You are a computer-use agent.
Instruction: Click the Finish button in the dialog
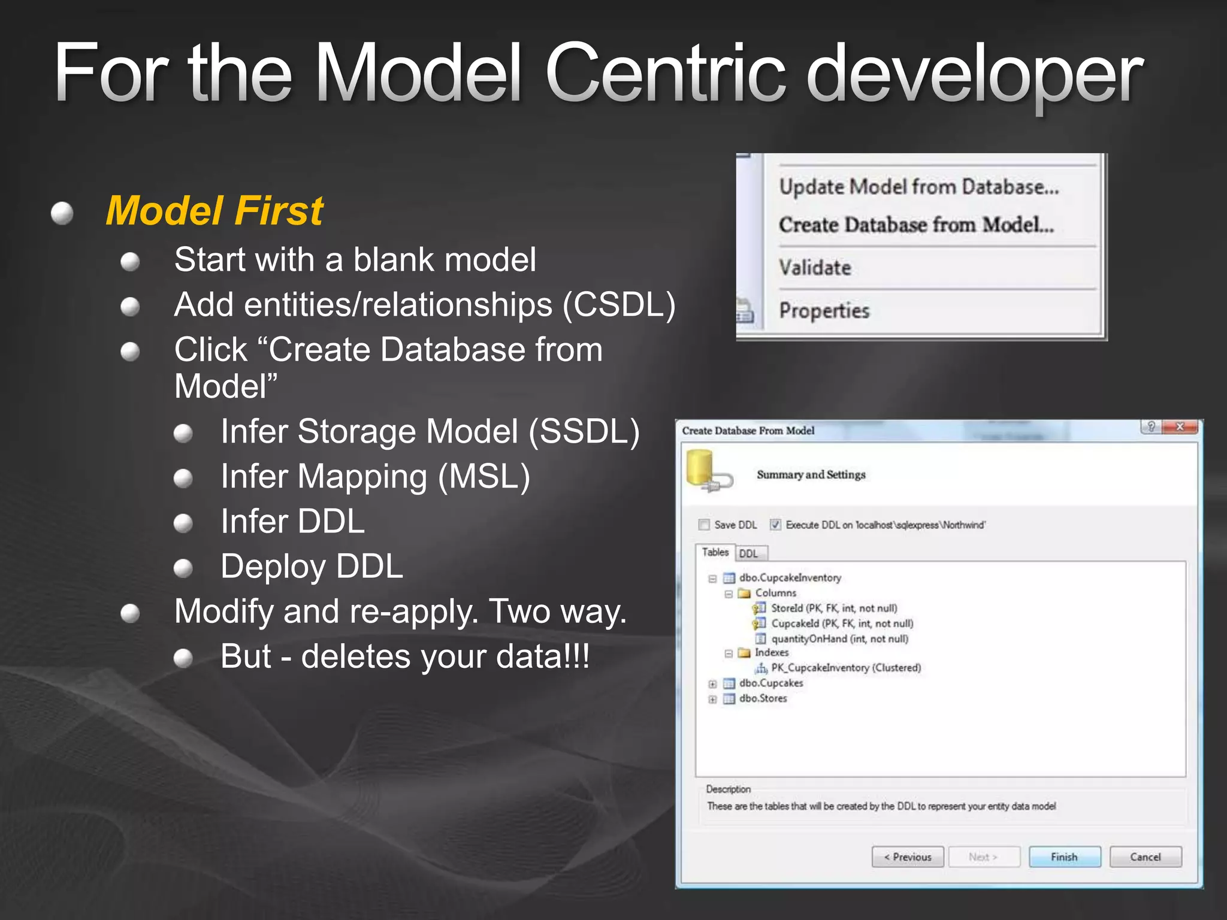click(1064, 857)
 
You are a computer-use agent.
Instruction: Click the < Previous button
click(908, 857)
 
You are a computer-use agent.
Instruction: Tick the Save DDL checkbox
click(704, 525)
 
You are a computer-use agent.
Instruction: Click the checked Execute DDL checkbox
click(775, 525)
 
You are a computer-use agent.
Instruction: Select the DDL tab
click(748, 553)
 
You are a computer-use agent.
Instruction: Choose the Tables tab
click(715, 552)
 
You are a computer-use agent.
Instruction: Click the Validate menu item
click(815, 268)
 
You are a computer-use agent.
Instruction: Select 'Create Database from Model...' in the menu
click(916, 225)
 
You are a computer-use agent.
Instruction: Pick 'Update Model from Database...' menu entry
click(919, 187)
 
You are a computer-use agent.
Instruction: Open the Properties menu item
click(824, 311)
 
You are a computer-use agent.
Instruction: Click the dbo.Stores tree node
click(763, 698)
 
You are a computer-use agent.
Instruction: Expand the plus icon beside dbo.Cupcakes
click(712, 684)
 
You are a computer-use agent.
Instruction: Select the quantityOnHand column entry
click(839, 639)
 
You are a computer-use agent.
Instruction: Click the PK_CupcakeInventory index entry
click(845, 668)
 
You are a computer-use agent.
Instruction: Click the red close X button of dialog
click(1180, 427)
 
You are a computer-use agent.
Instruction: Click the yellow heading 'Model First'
click(214, 211)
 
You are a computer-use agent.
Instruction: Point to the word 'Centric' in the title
click(664, 73)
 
